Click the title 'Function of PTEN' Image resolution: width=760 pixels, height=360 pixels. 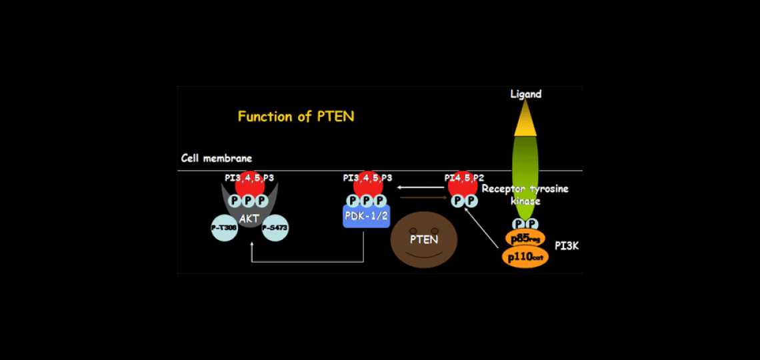[x=295, y=117]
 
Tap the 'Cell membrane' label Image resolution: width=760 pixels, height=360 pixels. [x=217, y=159]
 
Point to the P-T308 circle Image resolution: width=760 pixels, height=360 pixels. [x=224, y=228]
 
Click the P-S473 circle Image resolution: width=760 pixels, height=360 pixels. [x=275, y=228]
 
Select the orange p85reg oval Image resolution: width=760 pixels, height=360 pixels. [x=525, y=239]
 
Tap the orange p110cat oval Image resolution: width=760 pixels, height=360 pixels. [x=525, y=257]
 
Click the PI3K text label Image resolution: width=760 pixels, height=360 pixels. [x=567, y=247]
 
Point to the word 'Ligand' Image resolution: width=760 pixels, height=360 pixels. [x=525, y=94]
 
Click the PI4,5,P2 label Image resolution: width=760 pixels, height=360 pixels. [x=464, y=178]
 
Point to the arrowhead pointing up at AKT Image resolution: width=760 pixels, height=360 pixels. [x=251, y=246]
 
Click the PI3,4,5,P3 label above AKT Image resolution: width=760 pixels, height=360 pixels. [x=249, y=178]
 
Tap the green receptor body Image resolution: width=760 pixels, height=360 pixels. [x=525, y=173]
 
